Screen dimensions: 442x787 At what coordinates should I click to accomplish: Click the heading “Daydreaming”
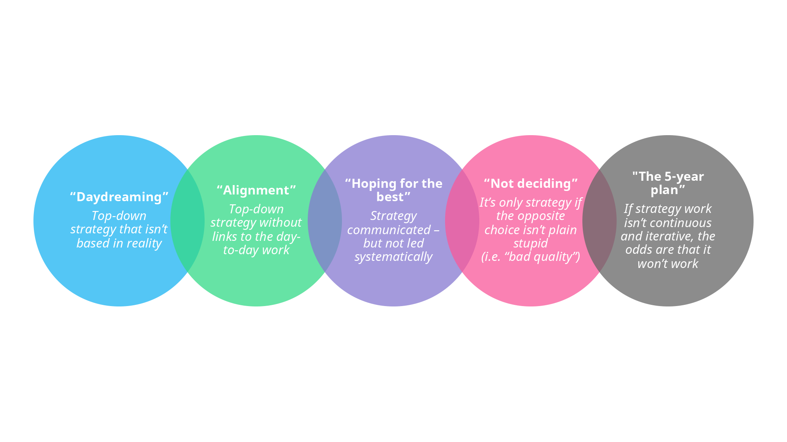click(119, 197)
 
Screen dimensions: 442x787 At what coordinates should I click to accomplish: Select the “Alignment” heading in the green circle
click(256, 190)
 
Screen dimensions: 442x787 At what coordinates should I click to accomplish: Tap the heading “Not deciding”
click(530, 183)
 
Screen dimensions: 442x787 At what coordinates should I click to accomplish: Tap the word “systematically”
click(393, 257)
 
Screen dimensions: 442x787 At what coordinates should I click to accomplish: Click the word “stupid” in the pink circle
click(530, 243)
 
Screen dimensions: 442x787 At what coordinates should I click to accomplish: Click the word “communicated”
click(389, 230)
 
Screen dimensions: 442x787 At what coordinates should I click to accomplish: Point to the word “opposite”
click(541, 216)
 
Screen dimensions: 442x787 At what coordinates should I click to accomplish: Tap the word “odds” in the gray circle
click(638, 250)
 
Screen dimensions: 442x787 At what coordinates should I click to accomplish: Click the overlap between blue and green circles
click(188, 221)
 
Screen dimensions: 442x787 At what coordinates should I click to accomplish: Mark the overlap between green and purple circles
click(325, 221)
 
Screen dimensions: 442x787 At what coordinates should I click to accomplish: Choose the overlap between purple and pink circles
click(462, 221)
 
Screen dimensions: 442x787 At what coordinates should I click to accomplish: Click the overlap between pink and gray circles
click(599, 221)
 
